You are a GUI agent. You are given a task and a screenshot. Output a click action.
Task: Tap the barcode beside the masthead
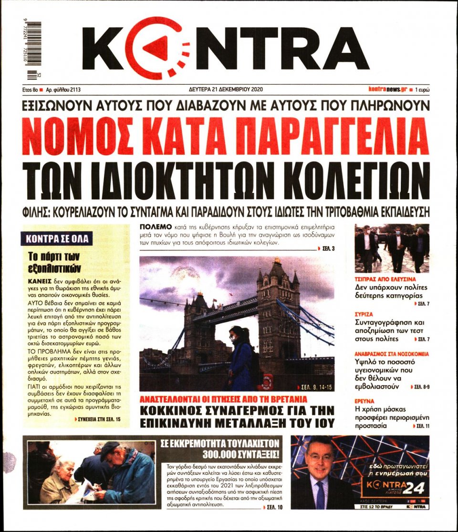[34, 48]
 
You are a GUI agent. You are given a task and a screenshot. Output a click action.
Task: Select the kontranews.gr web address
[387, 89]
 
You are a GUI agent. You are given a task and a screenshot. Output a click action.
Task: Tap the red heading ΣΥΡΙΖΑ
[364, 314]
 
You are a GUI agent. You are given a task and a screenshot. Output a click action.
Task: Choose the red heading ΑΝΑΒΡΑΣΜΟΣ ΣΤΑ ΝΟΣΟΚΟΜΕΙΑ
[392, 354]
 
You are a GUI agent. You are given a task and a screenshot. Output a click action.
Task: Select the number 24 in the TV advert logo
[413, 488]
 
